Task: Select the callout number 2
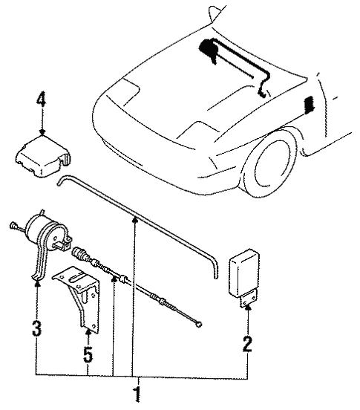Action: point(247,344)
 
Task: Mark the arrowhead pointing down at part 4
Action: point(42,131)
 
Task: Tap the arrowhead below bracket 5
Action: point(88,333)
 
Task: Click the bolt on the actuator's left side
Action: point(14,224)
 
